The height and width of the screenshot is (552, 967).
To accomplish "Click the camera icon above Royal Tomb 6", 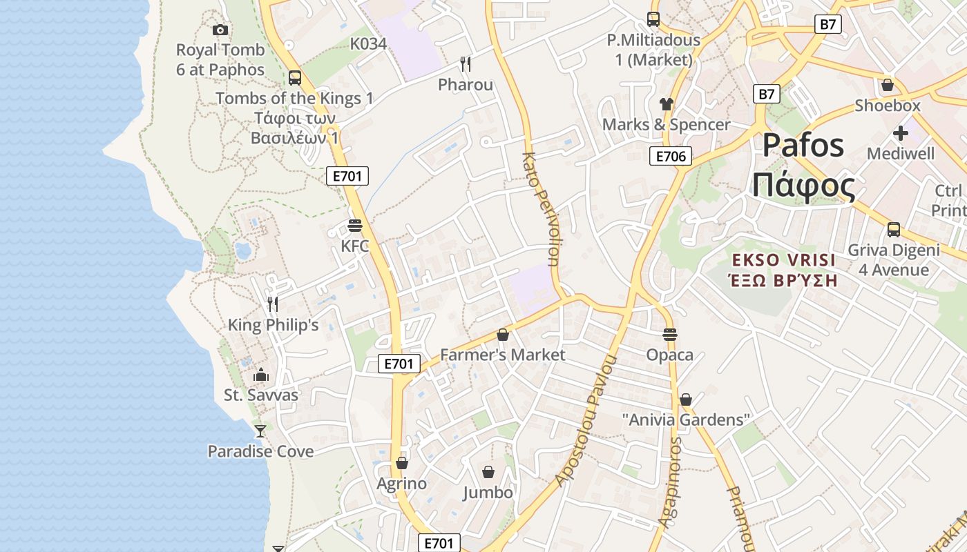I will (x=220, y=30).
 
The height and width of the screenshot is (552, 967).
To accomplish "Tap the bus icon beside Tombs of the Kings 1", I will (x=295, y=77).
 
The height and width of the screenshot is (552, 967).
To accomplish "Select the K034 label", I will (x=368, y=43).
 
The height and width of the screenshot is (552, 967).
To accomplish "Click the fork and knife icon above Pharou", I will (x=466, y=64).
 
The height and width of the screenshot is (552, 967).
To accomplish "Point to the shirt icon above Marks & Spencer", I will (x=666, y=104).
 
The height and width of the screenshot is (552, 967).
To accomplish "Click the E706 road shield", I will (x=670, y=157).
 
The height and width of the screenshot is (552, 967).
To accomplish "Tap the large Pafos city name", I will (x=803, y=146).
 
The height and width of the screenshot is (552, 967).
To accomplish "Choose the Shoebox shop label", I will (x=888, y=106).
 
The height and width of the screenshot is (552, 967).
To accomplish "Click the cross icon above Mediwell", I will (x=900, y=132).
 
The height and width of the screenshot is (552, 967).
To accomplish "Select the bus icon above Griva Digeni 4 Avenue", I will (x=894, y=230).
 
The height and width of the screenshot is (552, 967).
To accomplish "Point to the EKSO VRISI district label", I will (x=783, y=260).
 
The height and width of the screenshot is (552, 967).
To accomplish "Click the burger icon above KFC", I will (x=355, y=226).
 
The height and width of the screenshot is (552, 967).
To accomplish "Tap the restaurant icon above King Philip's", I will (x=273, y=304).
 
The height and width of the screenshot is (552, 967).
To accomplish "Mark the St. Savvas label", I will (x=261, y=395).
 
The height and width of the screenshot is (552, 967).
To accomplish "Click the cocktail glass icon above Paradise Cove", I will (x=260, y=431).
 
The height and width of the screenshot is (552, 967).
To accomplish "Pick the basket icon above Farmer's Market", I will (x=503, y=335).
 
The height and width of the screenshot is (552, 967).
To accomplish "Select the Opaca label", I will (x=669, y=355).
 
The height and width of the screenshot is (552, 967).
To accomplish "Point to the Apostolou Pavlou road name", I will (x=584, y=421).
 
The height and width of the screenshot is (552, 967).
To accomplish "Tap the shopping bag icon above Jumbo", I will (x=488, y=472).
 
